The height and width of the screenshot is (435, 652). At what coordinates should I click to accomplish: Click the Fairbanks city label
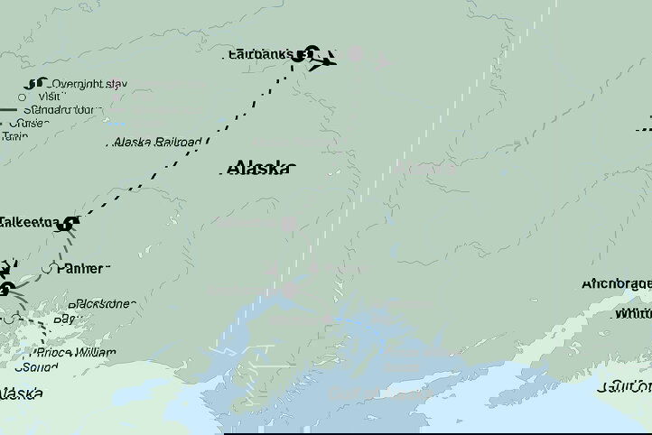coord(266,54)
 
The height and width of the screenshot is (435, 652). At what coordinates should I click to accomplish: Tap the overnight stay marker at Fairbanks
coord(311,53)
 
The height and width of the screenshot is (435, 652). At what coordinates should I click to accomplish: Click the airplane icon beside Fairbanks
coord(327,60)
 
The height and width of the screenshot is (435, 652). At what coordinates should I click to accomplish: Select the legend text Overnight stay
coord(88,84)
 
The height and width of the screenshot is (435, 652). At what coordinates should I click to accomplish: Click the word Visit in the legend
coord(50,97)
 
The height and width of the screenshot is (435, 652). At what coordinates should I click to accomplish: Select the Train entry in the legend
coord(14,136)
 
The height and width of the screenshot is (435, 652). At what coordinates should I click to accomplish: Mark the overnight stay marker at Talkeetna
coord(70,224)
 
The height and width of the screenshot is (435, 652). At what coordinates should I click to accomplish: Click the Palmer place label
coord(81,268)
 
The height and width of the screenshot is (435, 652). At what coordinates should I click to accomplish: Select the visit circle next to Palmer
coord(50,268)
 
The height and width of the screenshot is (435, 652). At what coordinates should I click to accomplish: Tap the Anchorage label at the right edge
coord(616,283)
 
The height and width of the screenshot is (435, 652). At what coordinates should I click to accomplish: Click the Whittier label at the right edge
coord(631,314)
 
